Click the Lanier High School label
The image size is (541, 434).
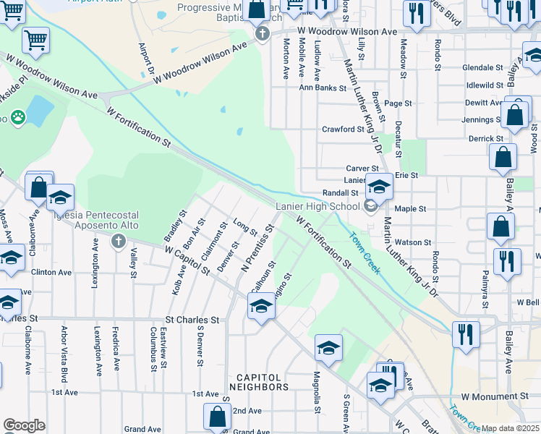(318, 206)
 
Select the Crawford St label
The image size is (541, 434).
(343, 129)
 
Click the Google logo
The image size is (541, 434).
(24, 425)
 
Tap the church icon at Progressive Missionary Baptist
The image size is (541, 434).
(262, 34)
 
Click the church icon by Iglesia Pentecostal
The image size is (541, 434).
(119, 241)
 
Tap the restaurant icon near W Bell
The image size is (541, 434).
(467, 333)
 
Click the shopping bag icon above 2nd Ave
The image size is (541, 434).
(217, 417)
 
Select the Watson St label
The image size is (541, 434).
(417, 242)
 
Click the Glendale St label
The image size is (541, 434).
(482, 67)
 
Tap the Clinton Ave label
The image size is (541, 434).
(51, 272)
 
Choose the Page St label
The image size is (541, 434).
(398, 103)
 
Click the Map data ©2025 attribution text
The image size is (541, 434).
(510, 428)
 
